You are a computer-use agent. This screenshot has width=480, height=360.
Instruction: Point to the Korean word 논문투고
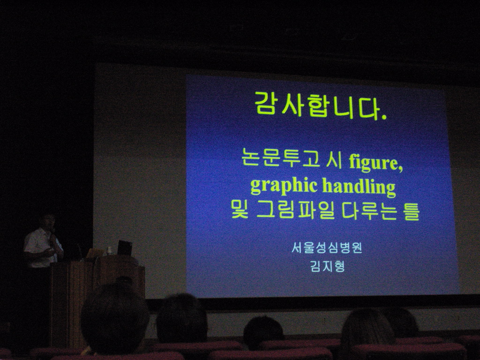point(280,157)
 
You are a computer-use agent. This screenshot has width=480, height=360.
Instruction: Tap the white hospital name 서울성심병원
point(327,247)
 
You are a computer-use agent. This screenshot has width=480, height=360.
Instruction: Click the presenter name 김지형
point(327,266)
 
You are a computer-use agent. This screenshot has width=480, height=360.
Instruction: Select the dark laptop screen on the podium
point(125,247)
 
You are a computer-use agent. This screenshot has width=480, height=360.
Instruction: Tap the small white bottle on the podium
point(109,251)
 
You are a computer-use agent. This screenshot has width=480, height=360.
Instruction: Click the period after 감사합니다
point(384,117)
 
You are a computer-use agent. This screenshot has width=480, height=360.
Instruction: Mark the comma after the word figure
point(400,168)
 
